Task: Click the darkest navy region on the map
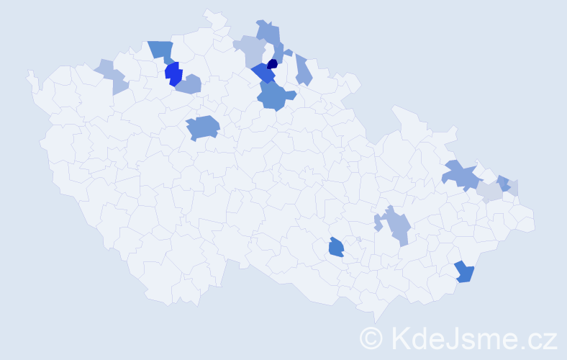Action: [272, 64]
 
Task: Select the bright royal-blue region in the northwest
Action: [173, 73]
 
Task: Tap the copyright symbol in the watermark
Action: [372, 338]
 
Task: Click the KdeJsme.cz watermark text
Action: [473, 337]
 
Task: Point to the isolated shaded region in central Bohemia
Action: [203, 128]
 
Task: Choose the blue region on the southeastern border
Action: [465, 272]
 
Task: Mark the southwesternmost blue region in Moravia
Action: [336, 248]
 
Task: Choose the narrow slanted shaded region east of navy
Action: [304, 71]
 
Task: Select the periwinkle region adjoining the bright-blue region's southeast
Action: [189, 85]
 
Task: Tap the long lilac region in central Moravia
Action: [396, 226]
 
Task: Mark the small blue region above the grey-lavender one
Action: [504, 183]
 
